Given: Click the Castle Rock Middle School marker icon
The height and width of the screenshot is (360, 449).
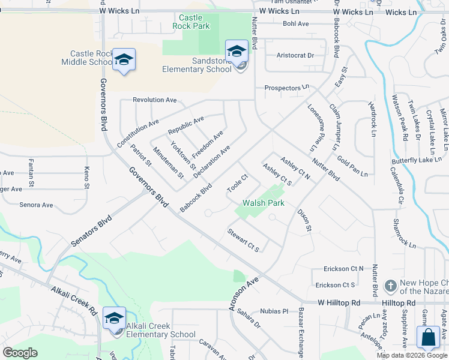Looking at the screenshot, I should coord(124,59).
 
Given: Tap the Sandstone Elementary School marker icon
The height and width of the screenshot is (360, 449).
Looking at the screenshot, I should coord(237,51).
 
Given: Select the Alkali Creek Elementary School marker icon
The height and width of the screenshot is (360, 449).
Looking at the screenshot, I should coord(114,318).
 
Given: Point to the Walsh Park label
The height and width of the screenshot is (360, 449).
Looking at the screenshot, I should coord(264,203).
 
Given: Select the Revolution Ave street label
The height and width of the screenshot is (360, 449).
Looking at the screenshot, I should coord(155,100).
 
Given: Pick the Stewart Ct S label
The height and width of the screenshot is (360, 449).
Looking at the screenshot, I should coord(243,240).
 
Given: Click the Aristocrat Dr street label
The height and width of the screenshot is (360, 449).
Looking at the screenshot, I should coord(295,55).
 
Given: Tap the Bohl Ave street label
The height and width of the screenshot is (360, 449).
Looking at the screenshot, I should coord(295,24).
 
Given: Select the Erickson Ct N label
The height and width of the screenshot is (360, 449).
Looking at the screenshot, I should coord(344,268).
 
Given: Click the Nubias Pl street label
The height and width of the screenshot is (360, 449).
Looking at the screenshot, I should coord(275,311).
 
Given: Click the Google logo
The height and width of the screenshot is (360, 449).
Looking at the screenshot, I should coord(20,353).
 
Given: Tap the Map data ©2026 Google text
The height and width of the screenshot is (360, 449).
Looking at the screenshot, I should coord(412,355).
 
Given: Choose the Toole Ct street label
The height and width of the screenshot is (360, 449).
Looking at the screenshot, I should coord(237,184).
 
